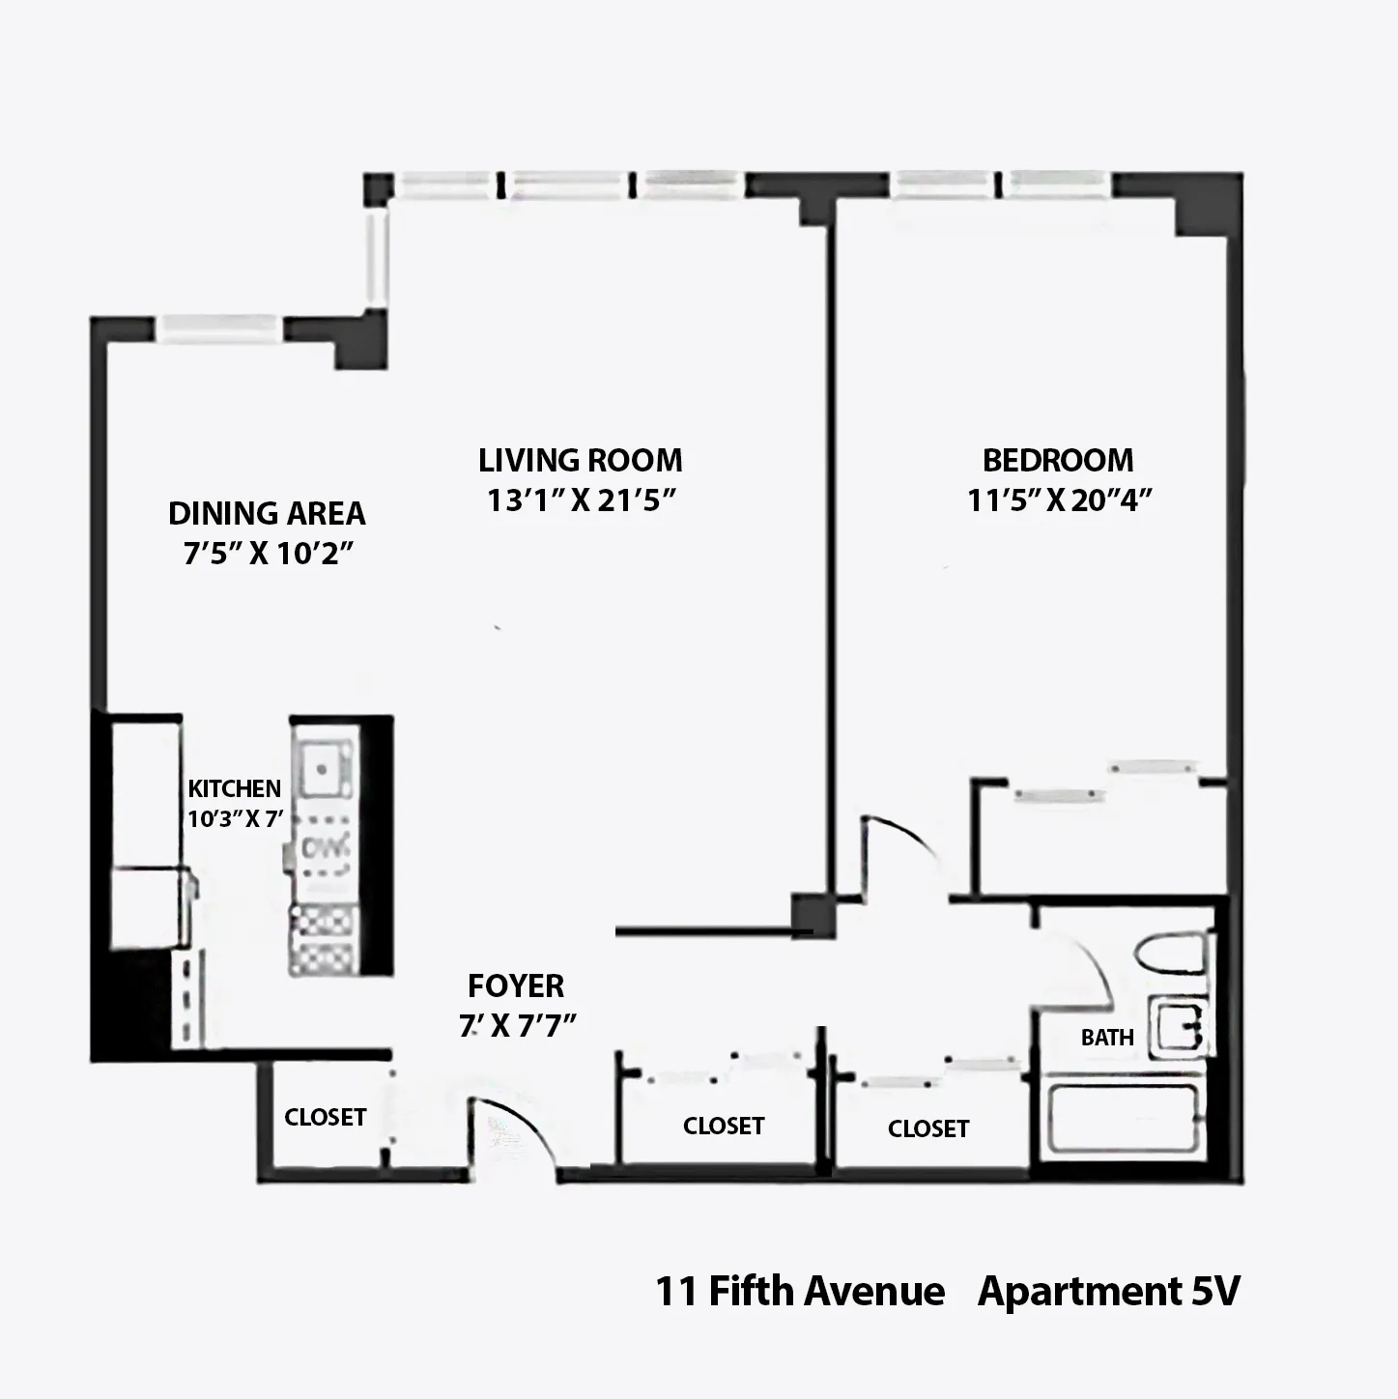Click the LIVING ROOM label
[580, 460]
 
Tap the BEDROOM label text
[1058, 460]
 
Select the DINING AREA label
[267, 513]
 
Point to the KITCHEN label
[234, 788]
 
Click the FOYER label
[516, 986]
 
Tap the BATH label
[1107, 1038]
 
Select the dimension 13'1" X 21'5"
[580, 500]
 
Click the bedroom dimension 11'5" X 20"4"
[1060, 500]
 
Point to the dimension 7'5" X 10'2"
[267, 555]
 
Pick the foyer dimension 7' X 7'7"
[517, 1025]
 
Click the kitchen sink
[324, 768]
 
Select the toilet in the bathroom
[1172, 955]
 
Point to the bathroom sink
[1178, 1027]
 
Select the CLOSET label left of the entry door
[325, 1117]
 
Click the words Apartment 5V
[1108, 1291]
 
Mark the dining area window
[219, 329]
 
